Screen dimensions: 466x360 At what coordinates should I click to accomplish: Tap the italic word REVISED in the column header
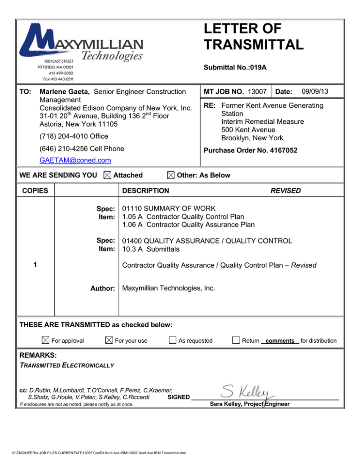[285, 191]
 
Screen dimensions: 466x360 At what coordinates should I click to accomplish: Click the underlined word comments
[279, 341]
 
